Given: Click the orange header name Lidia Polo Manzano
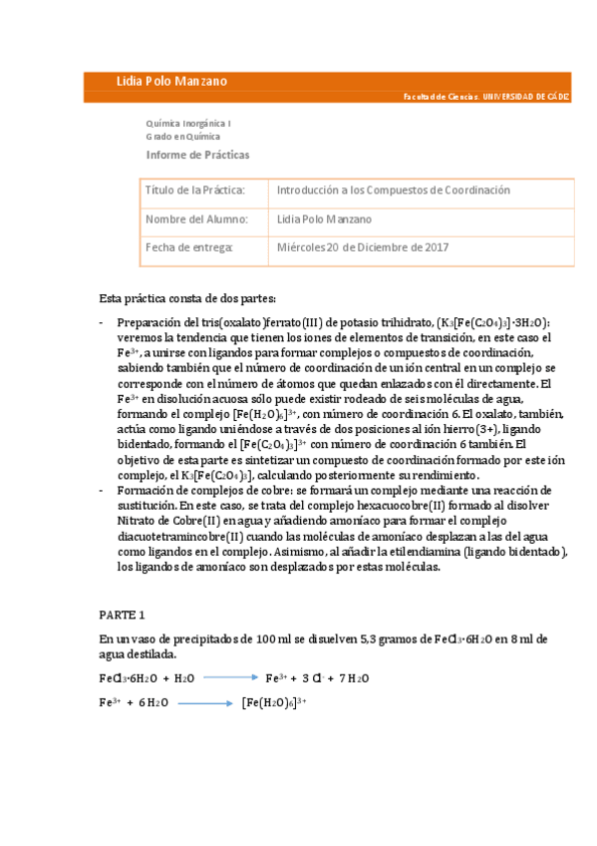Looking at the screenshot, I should tap(171, 81).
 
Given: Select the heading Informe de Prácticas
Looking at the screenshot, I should tap(198, 155).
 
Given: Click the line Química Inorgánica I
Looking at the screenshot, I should tap(188, 123).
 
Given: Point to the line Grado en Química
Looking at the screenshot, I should tap(182, 136).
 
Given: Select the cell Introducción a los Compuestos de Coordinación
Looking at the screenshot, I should tap(379, 190).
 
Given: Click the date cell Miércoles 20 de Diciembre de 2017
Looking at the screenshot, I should tap(363, 247).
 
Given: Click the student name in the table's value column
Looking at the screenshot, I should tap(324, 218).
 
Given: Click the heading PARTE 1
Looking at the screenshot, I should tap(123, 615).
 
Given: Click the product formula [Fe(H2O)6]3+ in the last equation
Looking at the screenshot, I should tap(273, 702).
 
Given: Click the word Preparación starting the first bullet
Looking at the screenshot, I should tap(149, 323).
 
